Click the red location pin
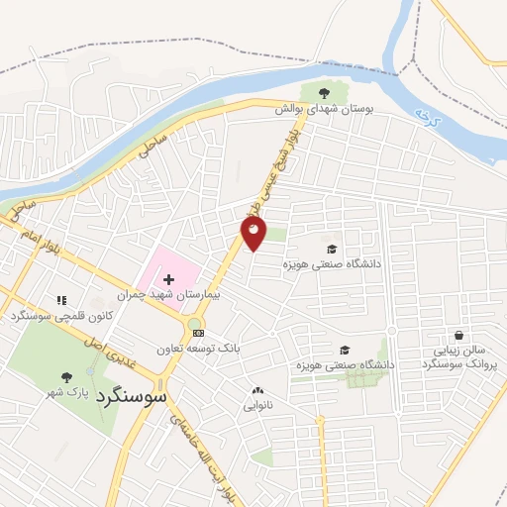tap(253, 233)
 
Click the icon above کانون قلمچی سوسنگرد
tap(61, 299)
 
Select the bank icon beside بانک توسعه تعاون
tap(198, 333)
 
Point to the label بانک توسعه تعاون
tap(199, 349)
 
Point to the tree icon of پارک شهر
tap(66, 376)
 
